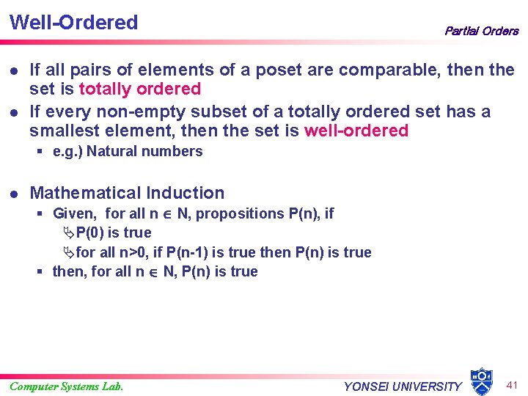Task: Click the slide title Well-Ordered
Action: pyautogui.click(x=73, y=22)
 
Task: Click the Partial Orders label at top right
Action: pyautogui.click(x=481, y=31)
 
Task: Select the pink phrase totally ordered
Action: pyautogui.click(x=139, y=89)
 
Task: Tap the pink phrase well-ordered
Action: pyautogui.click(x=356, y=131)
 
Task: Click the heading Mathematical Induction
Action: pyautogui.click(x=127, y=193)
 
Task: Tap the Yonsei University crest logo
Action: pyautogui.click(x=481, y=381)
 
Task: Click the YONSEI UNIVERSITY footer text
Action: pyautogui.click(x=403, y=386)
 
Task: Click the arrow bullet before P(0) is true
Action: pyautogui.click(x=68, y=233)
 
